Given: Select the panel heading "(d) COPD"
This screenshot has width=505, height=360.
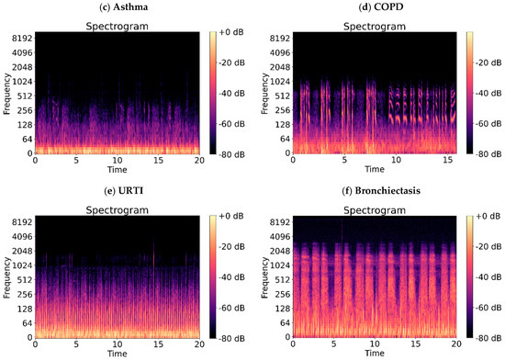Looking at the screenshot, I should click(x=374, y=10).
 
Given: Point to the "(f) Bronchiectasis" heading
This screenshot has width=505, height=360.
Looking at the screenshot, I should click(x=374, y=194).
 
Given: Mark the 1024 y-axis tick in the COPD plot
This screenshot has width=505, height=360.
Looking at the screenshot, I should click(x=276, y=82).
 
